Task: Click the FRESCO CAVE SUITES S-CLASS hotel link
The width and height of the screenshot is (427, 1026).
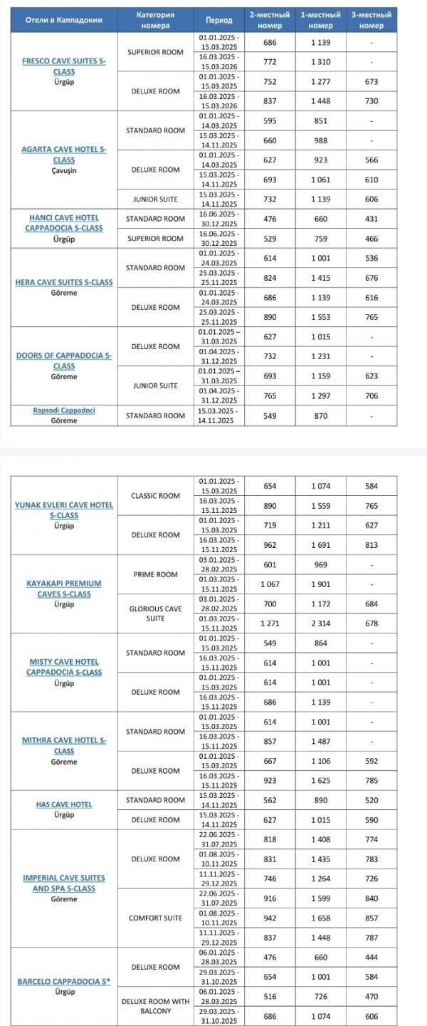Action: coord(64,66)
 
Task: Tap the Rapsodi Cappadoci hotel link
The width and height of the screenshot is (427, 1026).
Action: coord(64,410)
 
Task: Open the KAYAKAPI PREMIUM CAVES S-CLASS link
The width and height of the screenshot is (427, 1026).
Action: coord(64,589)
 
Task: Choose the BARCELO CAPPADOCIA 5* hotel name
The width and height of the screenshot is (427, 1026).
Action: coord(64,981)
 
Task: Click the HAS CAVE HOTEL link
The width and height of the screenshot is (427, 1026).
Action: coord(64,804)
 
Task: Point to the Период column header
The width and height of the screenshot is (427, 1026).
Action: coord(218,20)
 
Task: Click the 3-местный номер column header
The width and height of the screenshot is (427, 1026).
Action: coord(367,20)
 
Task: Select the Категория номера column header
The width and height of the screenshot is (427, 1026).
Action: coord(155,20)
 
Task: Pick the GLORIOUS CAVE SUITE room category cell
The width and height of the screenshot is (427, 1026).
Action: coord(155,613)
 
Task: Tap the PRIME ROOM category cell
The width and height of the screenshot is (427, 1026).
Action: coord(155,574)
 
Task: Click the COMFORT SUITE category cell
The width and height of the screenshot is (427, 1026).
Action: coord(155,918)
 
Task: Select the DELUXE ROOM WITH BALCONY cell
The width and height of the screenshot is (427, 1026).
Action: coord(155,1006)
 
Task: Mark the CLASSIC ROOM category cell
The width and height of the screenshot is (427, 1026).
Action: coord(155,495)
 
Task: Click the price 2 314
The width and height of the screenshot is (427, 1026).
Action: coord(320,623)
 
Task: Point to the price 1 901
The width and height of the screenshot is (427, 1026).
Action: coord(320,584)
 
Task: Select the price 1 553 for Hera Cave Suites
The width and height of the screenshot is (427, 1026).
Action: coord(320,317)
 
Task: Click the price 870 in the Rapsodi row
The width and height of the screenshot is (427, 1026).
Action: coord(320,415)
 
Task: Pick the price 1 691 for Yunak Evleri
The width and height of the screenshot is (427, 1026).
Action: coord(320,545)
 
